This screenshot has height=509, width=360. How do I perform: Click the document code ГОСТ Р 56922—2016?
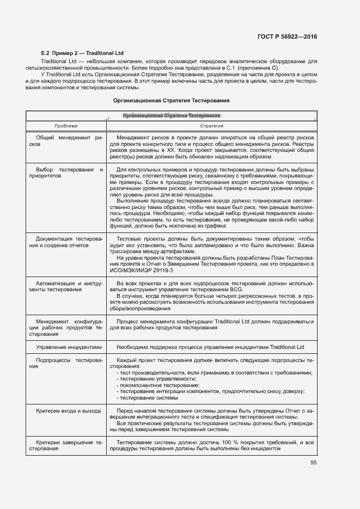287,36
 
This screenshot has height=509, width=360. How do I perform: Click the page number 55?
313,463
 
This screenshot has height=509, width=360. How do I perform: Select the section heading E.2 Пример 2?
83,53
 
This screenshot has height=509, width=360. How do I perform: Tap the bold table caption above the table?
171,100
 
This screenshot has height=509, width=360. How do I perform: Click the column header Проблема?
65,126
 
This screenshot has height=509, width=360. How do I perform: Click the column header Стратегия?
211,126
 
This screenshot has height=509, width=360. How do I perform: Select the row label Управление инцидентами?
69,347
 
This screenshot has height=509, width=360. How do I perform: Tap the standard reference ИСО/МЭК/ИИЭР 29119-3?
141,270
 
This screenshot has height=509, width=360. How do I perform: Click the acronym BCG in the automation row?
235,290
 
